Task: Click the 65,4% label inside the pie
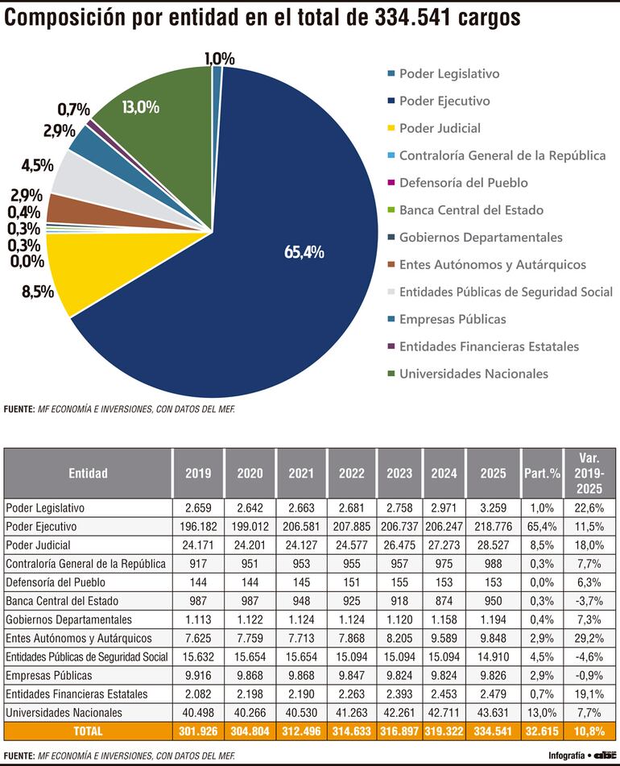pos(304,252)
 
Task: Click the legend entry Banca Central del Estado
pos(471,210)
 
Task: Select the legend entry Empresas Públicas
pos(453,319)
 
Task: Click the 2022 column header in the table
pos(353,474)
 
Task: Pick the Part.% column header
pos(541,474)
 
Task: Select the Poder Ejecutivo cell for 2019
pos(198,526)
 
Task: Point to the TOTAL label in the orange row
pos(88,731)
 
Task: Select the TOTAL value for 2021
pos(301,731)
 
